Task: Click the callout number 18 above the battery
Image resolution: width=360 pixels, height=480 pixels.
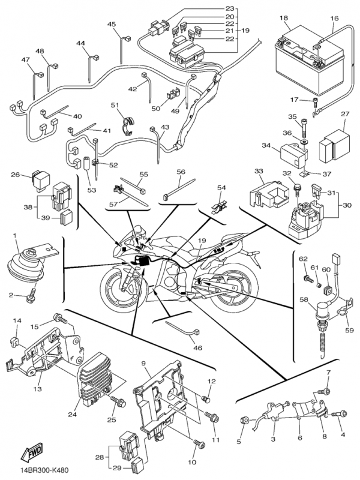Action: (284, 19)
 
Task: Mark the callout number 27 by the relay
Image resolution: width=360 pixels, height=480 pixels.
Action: (345, 114)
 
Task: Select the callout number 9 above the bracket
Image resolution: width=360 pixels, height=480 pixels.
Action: (144, 364)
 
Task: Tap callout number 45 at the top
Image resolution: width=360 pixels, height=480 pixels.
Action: (112, 24)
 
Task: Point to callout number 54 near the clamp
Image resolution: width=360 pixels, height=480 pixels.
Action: (222, 188)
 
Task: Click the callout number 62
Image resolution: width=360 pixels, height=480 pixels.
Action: (303, 259)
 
